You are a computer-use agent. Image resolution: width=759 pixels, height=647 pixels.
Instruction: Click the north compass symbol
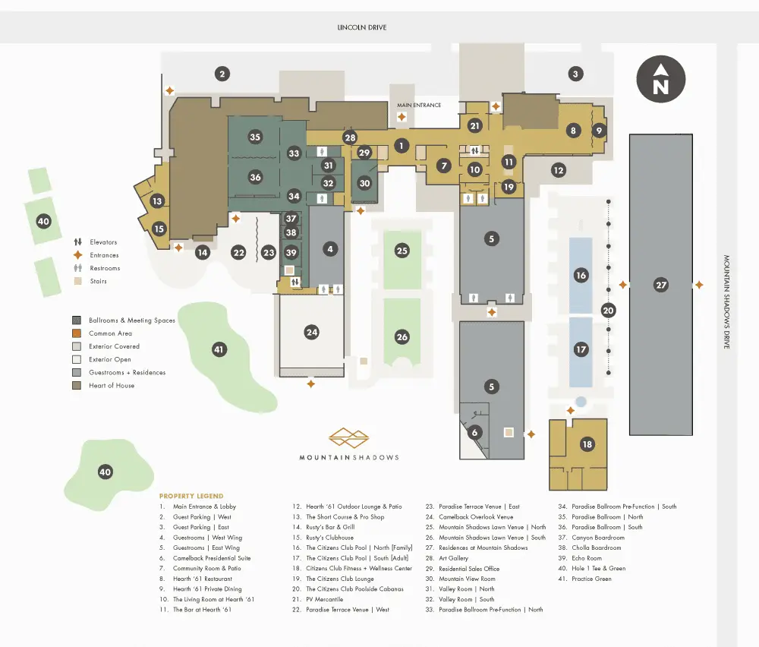pyautogui.click(x=661, y=79)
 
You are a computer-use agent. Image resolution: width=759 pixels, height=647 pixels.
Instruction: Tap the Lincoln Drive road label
pyautogui.click(x=361, y=27)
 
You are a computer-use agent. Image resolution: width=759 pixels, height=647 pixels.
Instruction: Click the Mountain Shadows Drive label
pyautogui.click(x=726, y=301)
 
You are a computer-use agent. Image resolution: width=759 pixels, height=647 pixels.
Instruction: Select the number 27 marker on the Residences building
pyautogui.click(x=661, y=285)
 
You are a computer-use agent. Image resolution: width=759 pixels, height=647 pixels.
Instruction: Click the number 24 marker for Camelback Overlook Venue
pyautogui.click(x=312, y=332)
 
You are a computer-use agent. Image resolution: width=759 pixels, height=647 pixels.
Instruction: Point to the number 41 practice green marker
pyautogui.click(x=219, y=349)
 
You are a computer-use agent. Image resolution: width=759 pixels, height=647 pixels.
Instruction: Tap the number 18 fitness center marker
pyautogui.click(x=587, y=444)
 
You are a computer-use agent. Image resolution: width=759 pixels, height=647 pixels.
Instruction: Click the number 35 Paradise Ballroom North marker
pyautogui.click(x=255, y=137)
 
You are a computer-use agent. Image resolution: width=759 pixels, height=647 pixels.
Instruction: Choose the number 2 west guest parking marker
pyautogui.click(x=222, y=74)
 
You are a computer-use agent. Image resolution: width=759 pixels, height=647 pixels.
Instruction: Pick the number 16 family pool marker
pyautogui.click(x=581, y=276)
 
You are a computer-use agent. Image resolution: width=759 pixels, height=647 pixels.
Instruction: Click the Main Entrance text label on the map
pyautogui.click(x=419, y=105)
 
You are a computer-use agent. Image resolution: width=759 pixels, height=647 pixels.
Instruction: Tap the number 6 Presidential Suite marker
pyautogui.click(x=474, y=432)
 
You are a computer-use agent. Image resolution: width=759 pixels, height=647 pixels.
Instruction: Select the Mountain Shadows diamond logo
pyautogui.click(x=348, y=437)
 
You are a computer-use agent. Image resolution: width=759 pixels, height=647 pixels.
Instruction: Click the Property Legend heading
pyautogui.click(x=191, y=496)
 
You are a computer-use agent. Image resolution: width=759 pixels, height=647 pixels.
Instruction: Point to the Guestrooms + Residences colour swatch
pyautogui.click(x=77, y=372)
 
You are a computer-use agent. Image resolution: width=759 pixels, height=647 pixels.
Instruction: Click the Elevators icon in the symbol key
pyautogui.click(x=77, y=241)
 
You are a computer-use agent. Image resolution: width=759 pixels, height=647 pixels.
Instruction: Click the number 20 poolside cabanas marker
pyautogui.click(x=609, y=311)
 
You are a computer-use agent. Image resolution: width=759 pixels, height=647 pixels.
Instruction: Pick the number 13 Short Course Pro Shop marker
pyautogui.click(x=157, y=201)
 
